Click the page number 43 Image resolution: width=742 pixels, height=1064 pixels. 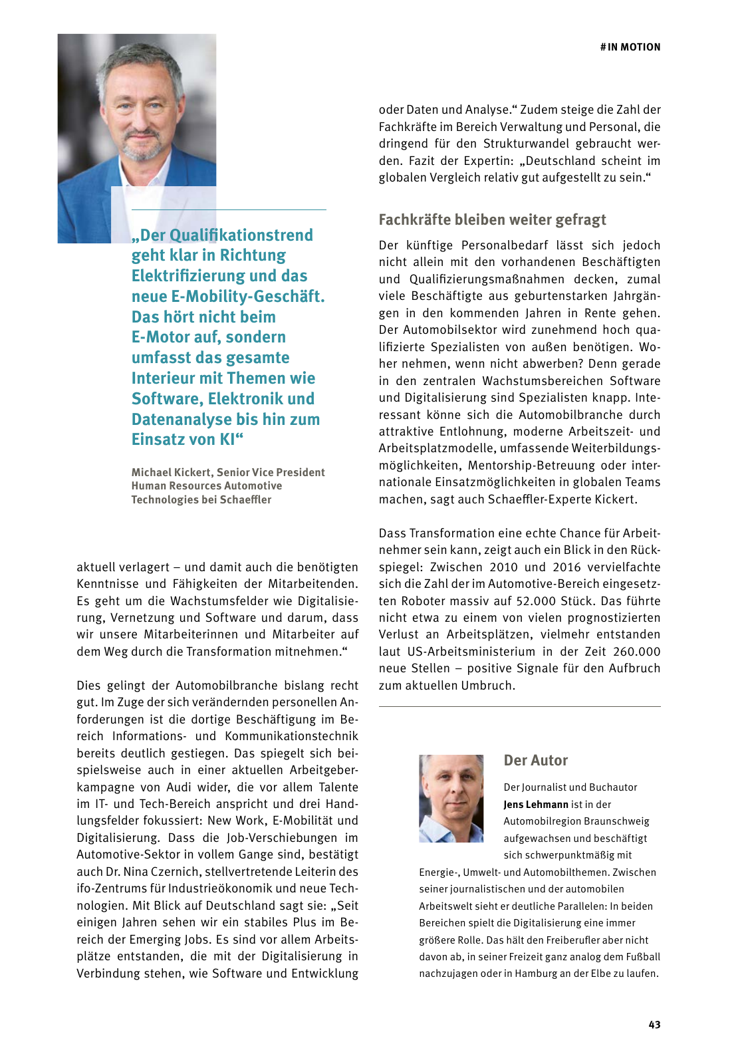click(x=654, y=1025)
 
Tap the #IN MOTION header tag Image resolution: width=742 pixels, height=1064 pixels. click(x=630, y=47)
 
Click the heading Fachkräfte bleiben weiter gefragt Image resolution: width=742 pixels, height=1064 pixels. click(x=492, y=220)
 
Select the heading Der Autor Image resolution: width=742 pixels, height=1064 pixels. click(x=535, y=761)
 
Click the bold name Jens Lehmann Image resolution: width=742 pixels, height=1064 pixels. click(x=536, y=805)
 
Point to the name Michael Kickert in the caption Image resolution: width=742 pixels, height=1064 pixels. click(x=172, y=473)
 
